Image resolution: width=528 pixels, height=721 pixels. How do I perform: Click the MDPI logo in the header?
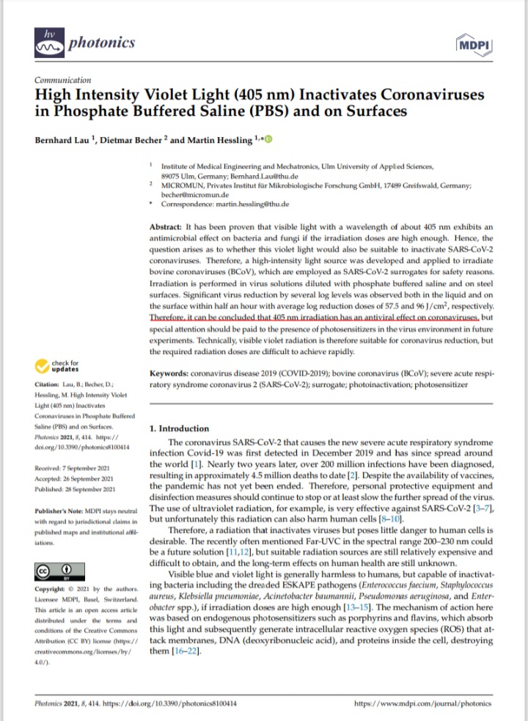(471, 44)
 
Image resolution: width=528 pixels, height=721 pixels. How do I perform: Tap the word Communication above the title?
(63, 80)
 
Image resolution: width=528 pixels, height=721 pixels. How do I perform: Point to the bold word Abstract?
(165, 229)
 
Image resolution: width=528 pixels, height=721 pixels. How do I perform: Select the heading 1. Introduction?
(178, 429)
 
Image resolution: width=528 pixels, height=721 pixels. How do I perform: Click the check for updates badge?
(62, 364)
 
